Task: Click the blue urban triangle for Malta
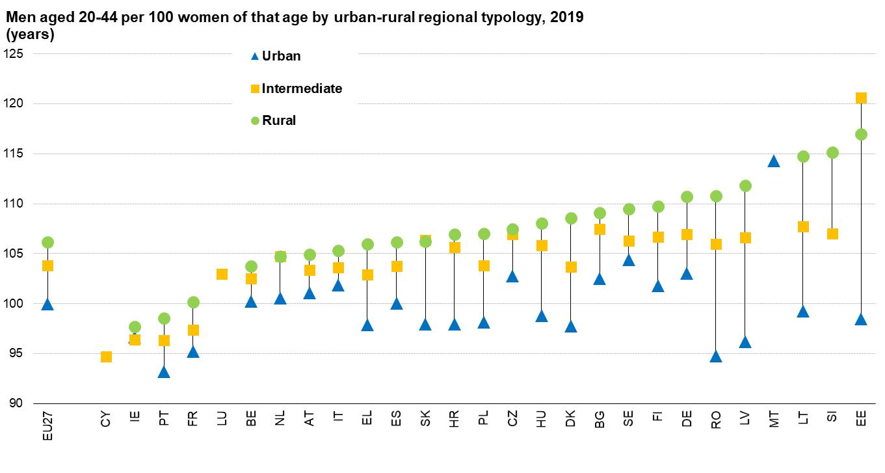coord(774,161)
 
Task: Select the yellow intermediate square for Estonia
coord(861,98)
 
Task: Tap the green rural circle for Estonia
coord(861,135)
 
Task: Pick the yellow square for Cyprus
coord(106,357)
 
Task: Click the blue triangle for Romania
coord(716,357)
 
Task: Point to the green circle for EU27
coord(47,242)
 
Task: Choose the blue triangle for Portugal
coord(164,372)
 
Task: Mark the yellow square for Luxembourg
coord(222,274)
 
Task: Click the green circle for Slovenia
coord(832,153)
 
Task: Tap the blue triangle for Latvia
coord(745,342)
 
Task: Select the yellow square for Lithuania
coord(803,226)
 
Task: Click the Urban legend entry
coord(281,56)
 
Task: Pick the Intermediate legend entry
coord(301,88)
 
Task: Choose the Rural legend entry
coord(278,120)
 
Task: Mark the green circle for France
coord(193,302)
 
